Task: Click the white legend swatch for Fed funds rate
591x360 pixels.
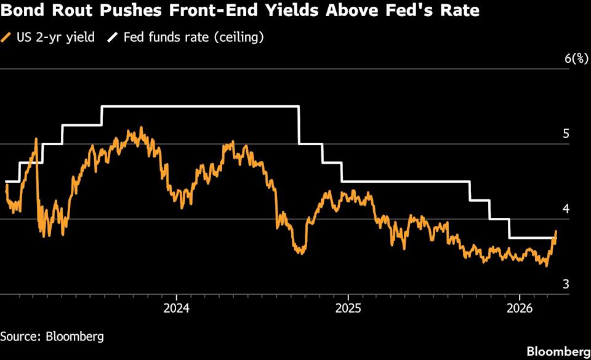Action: click(x=113, y=38)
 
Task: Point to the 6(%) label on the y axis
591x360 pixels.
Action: click(x=576, y=58)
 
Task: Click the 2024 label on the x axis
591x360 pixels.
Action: click(x=177, y=307)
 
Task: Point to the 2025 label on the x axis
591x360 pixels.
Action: click(x=348, y=307)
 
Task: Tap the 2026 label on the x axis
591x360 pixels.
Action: click(x=518, y=307)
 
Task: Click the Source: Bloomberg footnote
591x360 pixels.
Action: click(x=52, y=337)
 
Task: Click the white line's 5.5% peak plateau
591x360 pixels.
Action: click(x=200, y=107)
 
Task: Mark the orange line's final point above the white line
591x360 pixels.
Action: click(x=556, y=232)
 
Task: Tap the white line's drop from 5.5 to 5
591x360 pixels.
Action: click(x=299, y=126)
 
